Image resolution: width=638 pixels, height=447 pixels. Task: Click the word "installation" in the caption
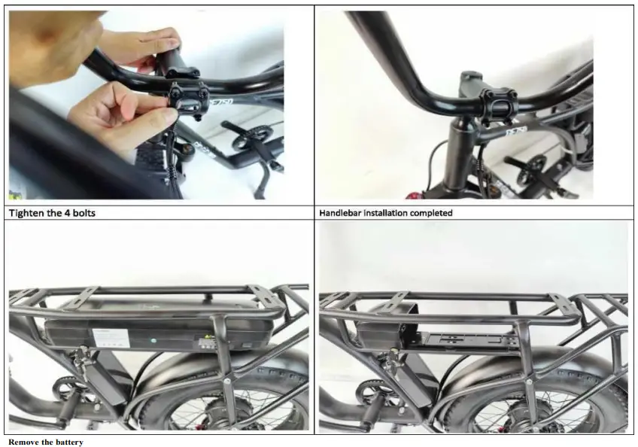pyautogui.click(x=384, y=213)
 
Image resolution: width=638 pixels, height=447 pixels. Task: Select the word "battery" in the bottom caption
pyautogui.click(x=68, y=442)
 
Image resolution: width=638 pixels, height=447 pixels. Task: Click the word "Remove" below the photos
pyautogui.click(x=23, y=442)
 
